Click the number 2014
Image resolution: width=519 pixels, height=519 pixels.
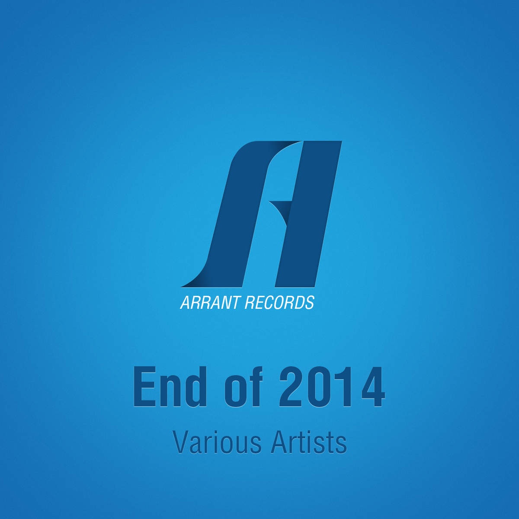332,387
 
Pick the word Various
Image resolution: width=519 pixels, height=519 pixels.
217,443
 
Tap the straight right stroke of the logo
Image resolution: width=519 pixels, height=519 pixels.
308,214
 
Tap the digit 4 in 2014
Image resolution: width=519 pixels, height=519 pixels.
372,387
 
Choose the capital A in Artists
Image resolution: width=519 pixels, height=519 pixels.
279,443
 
